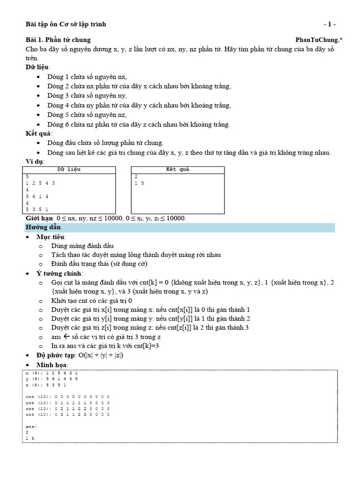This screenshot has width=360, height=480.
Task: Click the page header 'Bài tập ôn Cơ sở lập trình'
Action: [x=65, y=24]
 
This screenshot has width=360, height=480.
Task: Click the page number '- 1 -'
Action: [x=330, y=24]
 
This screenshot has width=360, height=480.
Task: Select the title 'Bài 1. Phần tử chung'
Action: [x=58, y=40]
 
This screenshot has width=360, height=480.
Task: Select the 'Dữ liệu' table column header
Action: [x=68, y=169]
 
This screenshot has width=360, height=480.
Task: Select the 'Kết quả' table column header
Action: [x=178, y=169]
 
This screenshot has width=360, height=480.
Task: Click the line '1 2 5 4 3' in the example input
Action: [x=41, y=183]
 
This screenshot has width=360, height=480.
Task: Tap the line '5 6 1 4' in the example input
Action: [x=37, y=196]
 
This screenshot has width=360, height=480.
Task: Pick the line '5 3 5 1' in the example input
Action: [x=37, y=209]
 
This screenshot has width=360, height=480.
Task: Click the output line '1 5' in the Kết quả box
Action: [x=139, y=183]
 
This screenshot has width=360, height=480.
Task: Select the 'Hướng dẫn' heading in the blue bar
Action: [x=43, y=227]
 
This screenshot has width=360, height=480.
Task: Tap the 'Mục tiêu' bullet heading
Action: [x=51, y=237]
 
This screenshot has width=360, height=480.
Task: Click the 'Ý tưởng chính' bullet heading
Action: [x=59, y=273]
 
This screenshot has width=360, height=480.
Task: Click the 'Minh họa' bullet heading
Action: [x=52, y=365]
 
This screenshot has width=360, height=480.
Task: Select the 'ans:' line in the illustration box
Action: [x=31, y=427]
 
